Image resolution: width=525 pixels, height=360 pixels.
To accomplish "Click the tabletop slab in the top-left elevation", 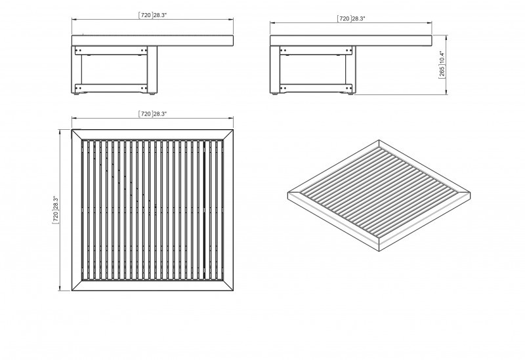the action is click(152, 41).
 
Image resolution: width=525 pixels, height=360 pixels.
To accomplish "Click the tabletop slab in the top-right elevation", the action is click(351, 41).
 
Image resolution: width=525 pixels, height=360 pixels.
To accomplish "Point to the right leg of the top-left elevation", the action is click(152, 70).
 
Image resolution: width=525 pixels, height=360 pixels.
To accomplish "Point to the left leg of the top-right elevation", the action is click(275, 70).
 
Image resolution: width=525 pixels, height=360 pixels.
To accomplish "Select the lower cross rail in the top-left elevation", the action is click(111, 88).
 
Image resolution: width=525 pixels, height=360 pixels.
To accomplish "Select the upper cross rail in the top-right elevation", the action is click(316, 50).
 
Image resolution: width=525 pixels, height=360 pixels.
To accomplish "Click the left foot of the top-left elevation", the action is click(77, 94).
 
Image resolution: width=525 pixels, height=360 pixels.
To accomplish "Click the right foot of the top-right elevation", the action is click(350, 94).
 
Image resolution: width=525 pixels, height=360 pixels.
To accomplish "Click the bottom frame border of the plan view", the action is click(152, 285).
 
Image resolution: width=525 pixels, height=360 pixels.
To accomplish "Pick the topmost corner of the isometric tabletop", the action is click(379, 140).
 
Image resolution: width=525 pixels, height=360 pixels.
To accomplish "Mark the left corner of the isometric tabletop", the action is click(288, 193).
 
